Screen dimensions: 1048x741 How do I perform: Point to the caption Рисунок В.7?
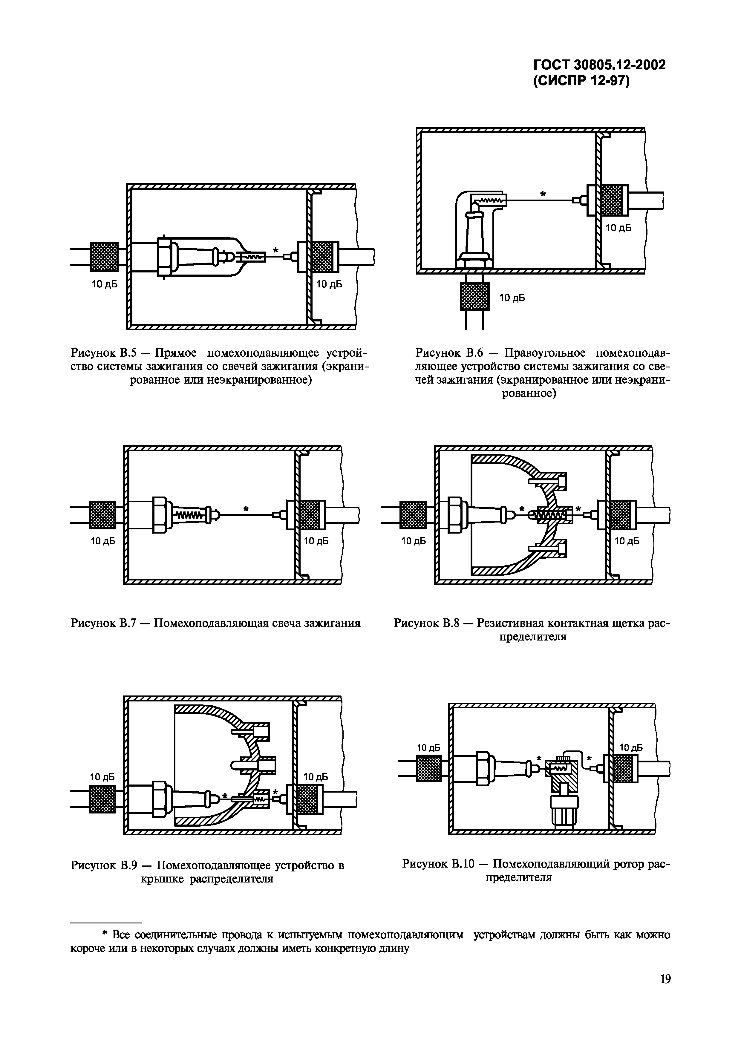point(103,623)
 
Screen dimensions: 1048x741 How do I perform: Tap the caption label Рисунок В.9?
point(103,865)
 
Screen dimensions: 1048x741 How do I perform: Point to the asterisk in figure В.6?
point(543,194)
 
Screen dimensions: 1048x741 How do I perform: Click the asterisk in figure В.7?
point(246,508)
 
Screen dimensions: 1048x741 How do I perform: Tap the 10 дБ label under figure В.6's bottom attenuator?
point(512,298)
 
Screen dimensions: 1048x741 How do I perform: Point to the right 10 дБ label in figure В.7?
point(316,541)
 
